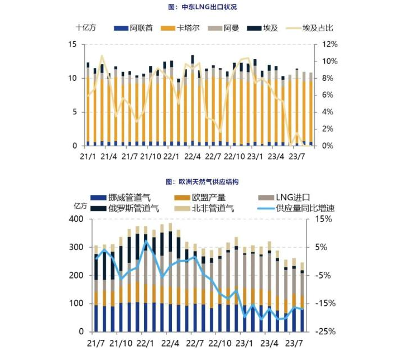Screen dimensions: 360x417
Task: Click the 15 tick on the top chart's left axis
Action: point(72,44)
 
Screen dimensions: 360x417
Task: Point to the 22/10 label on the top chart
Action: point(234,157)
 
